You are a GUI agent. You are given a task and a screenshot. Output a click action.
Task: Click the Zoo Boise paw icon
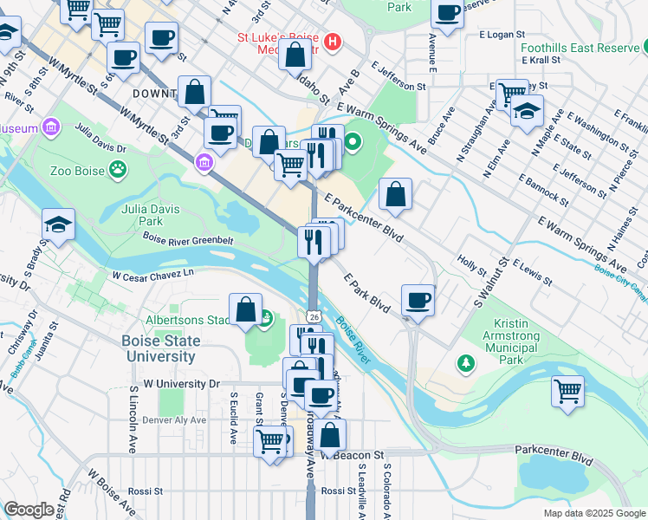[116, 169]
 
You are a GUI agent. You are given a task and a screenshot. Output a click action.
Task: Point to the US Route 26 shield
[314, 316]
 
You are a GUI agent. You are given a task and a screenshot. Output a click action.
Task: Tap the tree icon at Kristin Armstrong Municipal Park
[466, 362]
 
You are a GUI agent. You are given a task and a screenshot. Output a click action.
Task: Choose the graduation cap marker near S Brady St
[59, 224]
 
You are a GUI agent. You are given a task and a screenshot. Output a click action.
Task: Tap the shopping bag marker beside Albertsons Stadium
[246, 309]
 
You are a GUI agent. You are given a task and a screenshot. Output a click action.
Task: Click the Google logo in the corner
[29, 510]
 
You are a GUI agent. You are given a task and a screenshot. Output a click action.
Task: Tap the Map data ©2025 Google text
[593, 513]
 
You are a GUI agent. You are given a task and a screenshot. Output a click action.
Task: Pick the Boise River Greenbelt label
[187, 239]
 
